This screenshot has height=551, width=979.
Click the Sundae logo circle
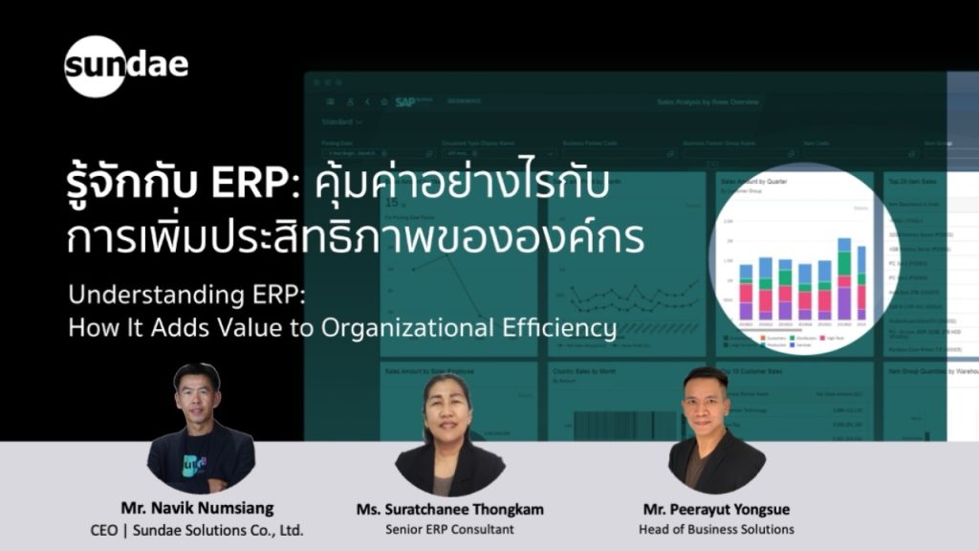pos(96,66)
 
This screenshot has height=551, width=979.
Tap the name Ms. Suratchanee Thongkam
pos(449,508)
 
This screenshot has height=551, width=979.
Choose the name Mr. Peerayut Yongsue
pos(716,508)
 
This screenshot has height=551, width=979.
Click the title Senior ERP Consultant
pos(449,529)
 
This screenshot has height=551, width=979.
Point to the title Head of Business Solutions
pos(716,529)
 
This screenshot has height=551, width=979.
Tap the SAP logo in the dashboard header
pos(405,101)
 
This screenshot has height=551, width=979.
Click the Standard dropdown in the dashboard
pos(341,122)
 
